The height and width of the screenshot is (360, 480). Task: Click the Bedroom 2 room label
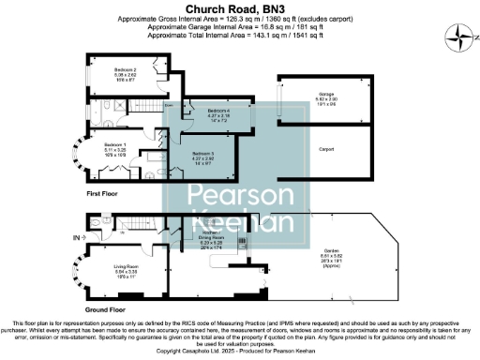[x=127, y=70]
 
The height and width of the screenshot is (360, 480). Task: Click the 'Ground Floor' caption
[x=109, y=308]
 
